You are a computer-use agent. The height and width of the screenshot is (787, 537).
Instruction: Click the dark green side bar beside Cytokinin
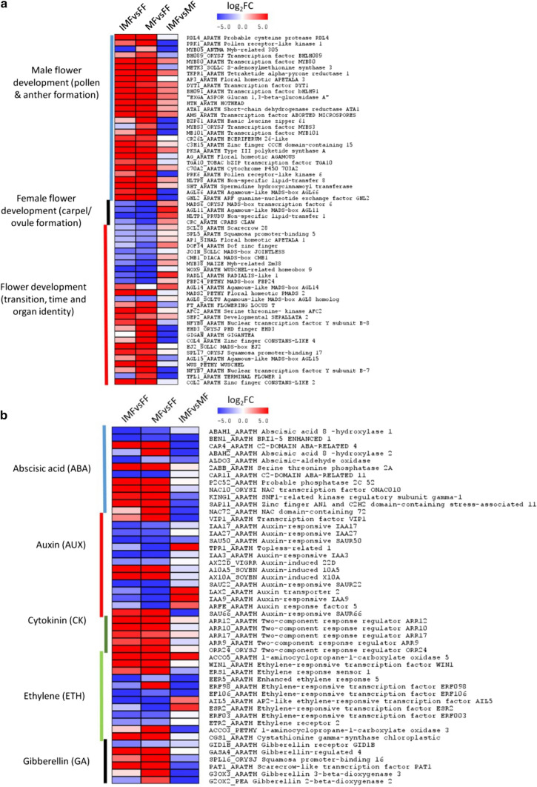coord(106,631)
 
